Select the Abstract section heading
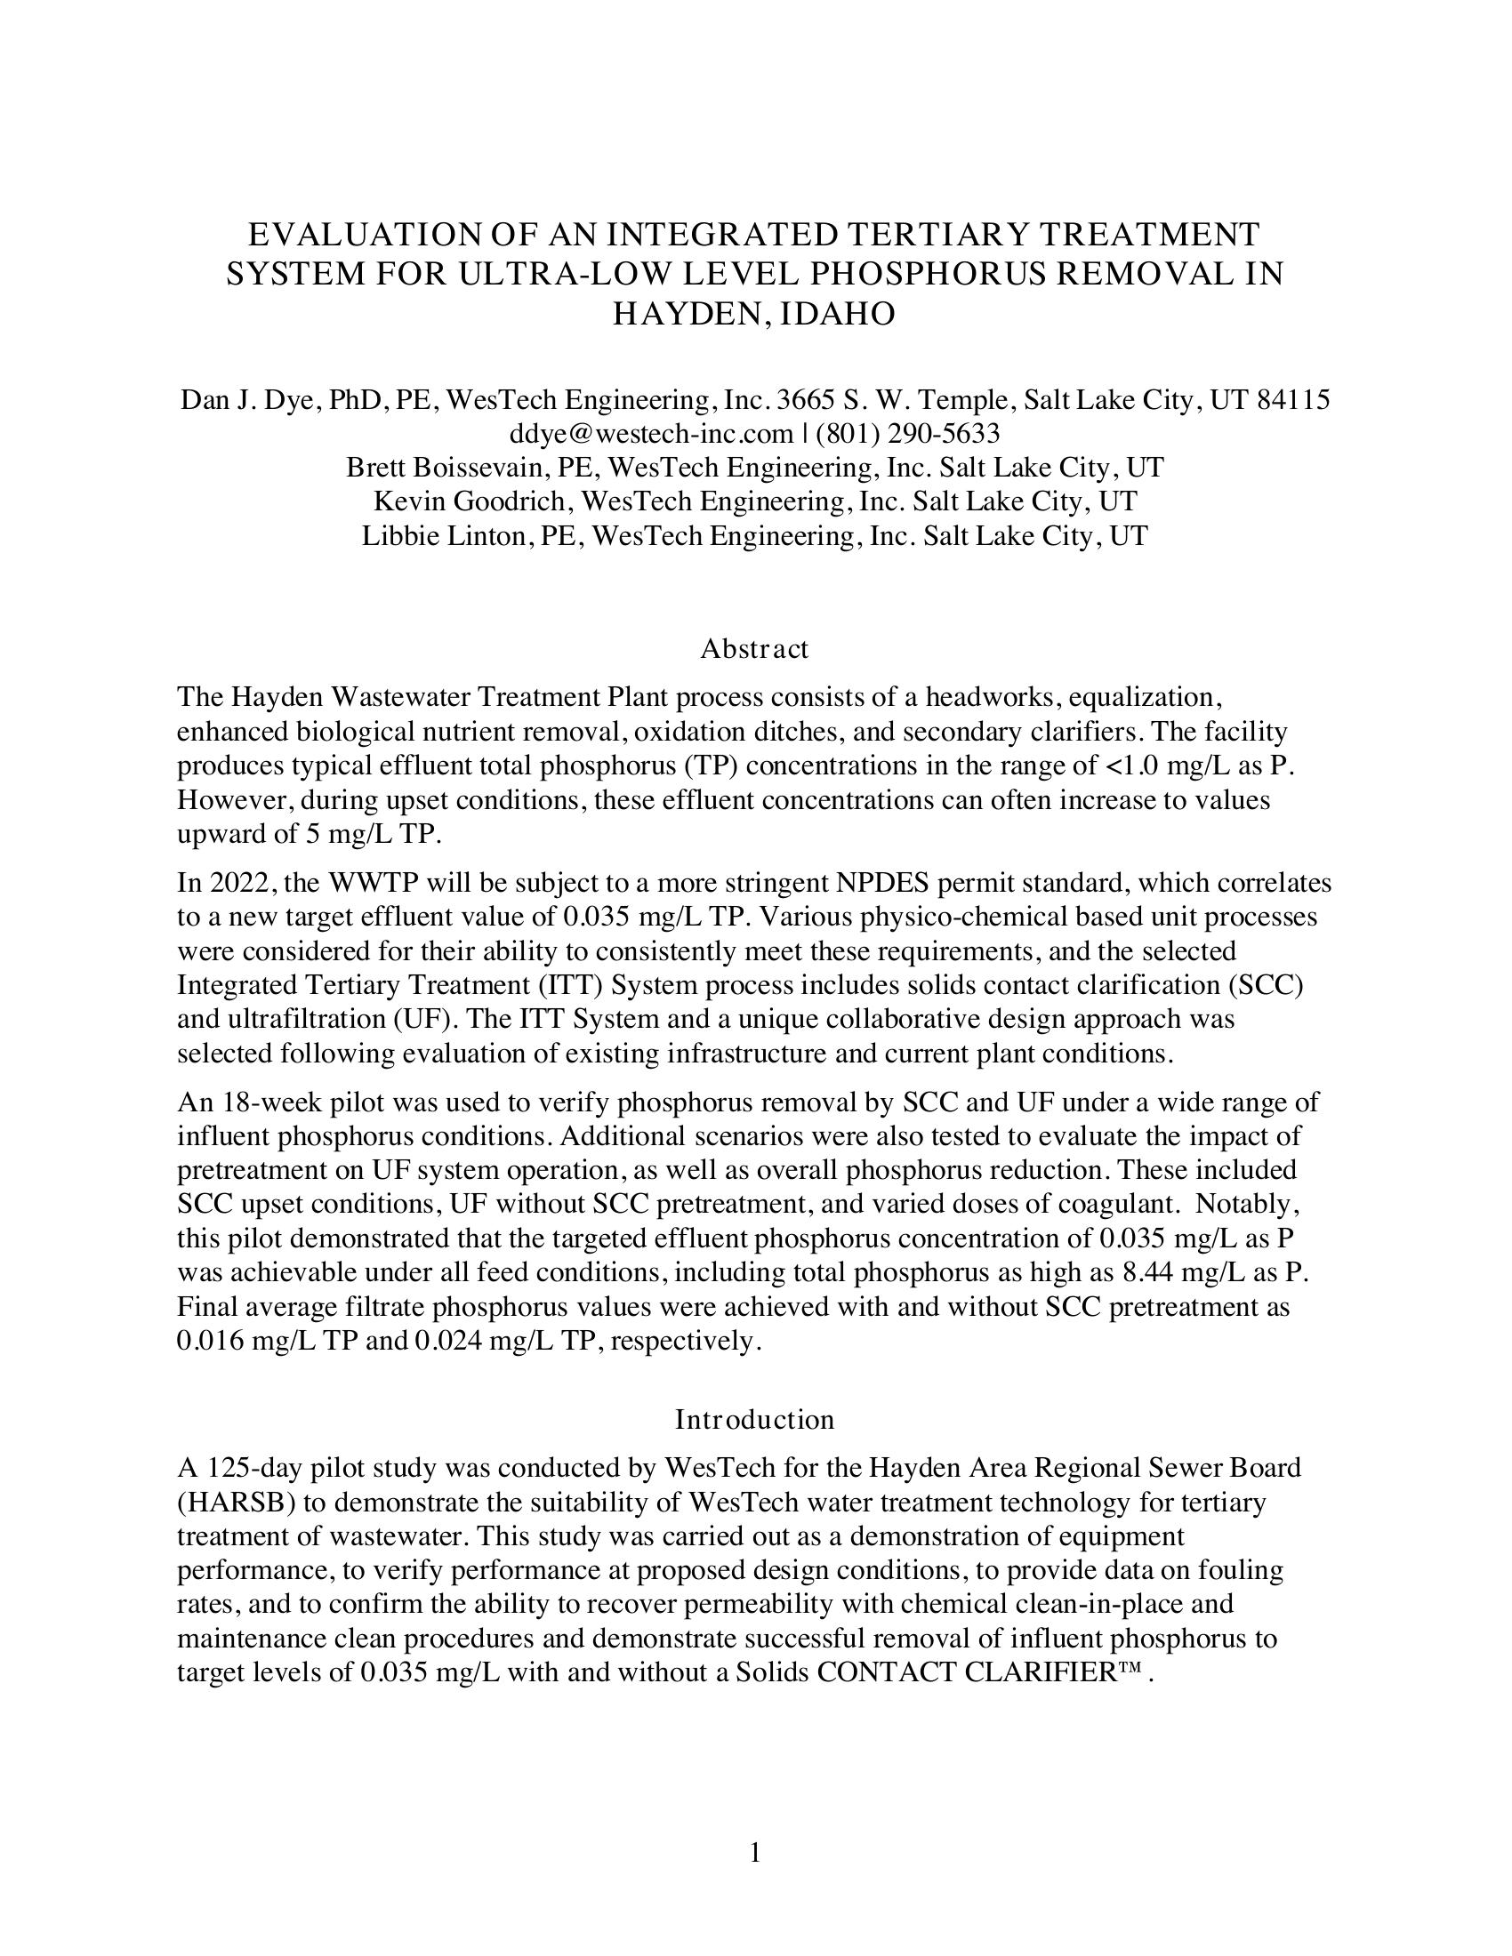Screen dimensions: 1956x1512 tap(754, 648)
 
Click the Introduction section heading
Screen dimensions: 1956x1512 tap(754, 1420)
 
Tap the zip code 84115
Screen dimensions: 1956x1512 tap(1293, 399)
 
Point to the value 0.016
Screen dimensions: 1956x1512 tap(212, 1341)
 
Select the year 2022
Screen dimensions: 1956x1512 tap(232, 883)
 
